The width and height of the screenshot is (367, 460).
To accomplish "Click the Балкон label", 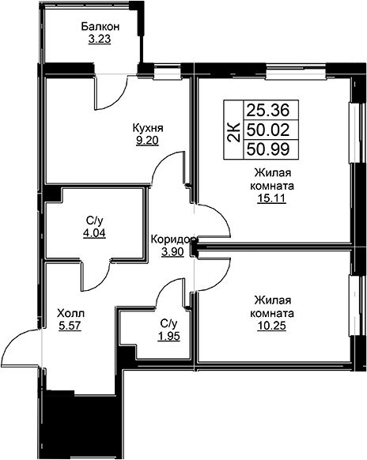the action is tap(100, 27).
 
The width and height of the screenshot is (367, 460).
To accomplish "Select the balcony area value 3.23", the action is tap(100, 39).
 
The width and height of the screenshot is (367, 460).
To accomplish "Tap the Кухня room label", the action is tap(148, 129).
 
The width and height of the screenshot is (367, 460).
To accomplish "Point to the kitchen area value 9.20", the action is tap(147, 141).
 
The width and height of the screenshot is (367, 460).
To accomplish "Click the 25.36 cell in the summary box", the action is tap(268, 111).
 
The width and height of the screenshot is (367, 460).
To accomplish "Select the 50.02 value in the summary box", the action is tap(268, 130).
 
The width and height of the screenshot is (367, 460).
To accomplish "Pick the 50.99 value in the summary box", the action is tap(268, 149).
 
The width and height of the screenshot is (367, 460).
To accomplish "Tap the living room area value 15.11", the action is tap(271, 199).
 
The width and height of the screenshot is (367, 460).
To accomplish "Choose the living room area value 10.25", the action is tap(271, 326).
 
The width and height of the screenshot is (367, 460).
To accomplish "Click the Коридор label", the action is tap(172, 239).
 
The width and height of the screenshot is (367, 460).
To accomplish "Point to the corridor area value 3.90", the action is tap(172, 251).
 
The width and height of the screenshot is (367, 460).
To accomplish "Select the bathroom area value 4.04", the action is tap(94, 233).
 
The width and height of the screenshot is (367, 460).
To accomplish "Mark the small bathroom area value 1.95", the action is tap(168, 336).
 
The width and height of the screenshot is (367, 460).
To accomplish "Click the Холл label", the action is tap(70, 314).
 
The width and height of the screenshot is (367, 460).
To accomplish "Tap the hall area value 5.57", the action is tap(70, 326).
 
